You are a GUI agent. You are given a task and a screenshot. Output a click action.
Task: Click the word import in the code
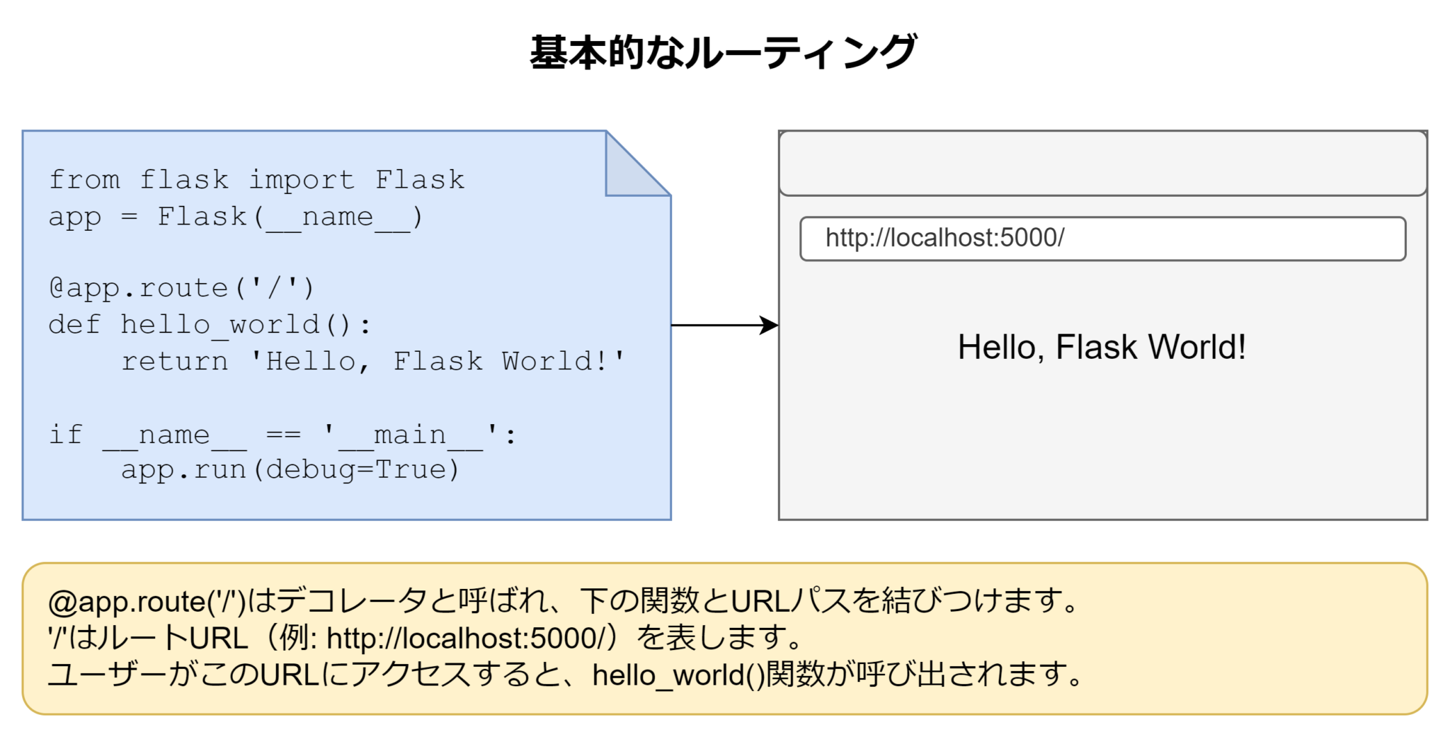(x=302, y=180)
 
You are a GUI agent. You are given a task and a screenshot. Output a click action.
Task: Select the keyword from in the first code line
(x=84, y=180)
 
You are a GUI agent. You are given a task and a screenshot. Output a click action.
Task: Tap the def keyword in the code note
(x=74, y=325)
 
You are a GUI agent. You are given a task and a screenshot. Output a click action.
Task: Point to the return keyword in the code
(x=174, y=361)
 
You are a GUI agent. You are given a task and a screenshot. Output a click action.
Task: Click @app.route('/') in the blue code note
(x=181, y=288)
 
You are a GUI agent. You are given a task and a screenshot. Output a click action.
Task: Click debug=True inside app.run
(x=355, y=469)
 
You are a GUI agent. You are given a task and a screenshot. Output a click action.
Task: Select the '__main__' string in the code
(x=411, y=435)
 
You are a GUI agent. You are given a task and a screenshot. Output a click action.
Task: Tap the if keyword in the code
(x=66, y=435)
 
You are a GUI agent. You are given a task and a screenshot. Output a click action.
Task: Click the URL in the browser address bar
(x=944, y=238)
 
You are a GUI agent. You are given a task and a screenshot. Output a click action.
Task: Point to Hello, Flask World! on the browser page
(x=1102, y=348)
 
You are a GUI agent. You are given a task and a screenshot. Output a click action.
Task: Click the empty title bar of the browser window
(x=1102, y=163)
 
